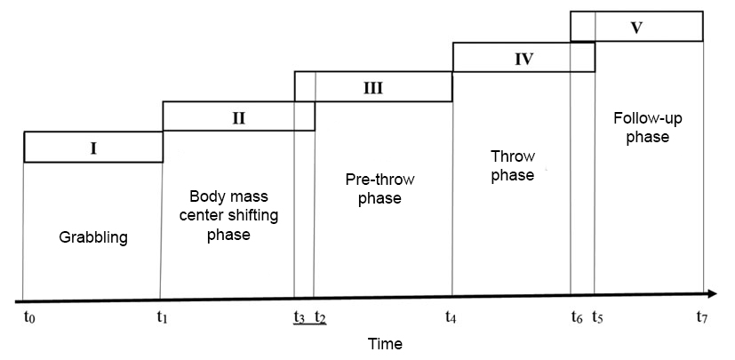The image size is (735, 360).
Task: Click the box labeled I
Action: [93, 148]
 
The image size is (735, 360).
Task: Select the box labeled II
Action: [238, 116]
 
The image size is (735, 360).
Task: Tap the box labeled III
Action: [373, 87]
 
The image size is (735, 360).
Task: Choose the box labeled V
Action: [636, 27]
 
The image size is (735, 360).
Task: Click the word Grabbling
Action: [93, 237]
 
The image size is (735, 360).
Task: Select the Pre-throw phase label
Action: [379, 188]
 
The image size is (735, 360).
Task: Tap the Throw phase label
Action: [512, 166]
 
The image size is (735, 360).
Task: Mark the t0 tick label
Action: [30, 317]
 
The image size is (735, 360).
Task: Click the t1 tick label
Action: [161, 317]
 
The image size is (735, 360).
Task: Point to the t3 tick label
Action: [300, 317]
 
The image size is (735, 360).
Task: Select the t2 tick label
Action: [320, 317]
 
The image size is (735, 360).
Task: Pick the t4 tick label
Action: [452, 317]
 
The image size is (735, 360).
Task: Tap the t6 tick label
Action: [577, 317]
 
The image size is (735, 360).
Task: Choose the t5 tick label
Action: [597, 317]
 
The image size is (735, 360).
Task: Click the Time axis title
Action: [385, 343]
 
